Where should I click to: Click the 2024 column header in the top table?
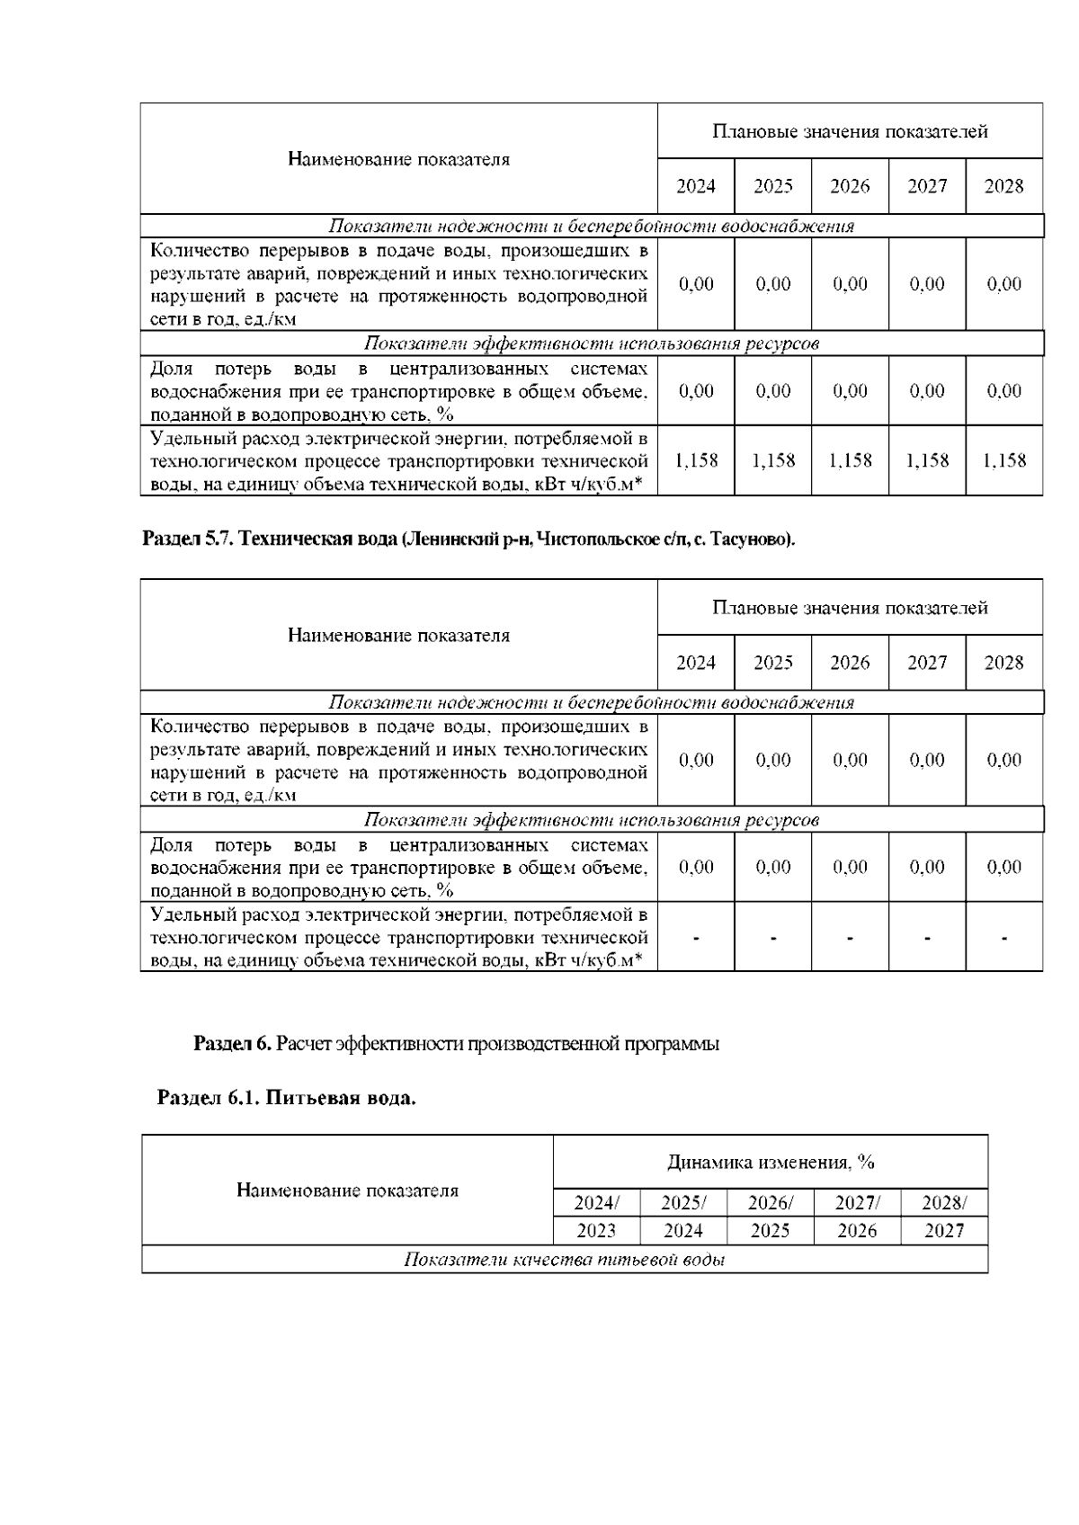tap(695, 186)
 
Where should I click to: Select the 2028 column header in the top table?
tap(1003, 186)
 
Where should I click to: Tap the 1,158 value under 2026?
tap(850, 460)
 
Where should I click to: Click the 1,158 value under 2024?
tap(695, 460)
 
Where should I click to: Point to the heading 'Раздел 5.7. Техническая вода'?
tap(270, 540)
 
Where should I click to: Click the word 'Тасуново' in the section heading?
tap(760, 540)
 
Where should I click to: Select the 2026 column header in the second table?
tap(850, 663)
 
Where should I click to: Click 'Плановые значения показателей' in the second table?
tap(850, 608)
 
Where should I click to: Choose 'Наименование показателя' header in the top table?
tap(398, 159)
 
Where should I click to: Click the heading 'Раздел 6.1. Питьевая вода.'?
tap(286, 1099)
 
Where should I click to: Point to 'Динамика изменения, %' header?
tap(771, 1162)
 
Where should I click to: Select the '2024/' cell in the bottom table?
tap(596, 1203)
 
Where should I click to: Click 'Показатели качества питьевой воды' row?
tap(565, 1260)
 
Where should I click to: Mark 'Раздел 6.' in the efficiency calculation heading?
tap(232, 1044)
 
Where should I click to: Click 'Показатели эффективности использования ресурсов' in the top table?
tap(592, 343)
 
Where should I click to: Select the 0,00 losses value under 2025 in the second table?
tap(772, 867)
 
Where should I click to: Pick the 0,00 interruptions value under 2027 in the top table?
tap(926, 284)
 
